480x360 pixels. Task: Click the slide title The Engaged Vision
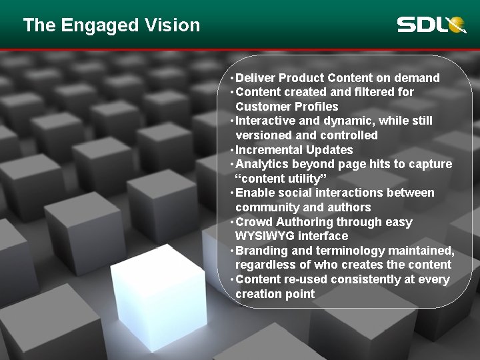111,25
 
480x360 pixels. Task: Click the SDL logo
431,25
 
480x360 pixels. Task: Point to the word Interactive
265,121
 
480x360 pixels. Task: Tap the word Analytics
260,164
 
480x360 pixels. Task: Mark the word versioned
263,135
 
